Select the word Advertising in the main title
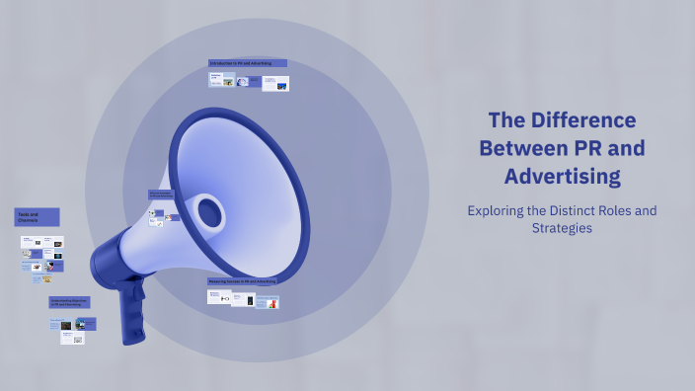[563, 178]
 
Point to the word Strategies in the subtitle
[563, 228]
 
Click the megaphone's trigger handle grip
[132, 310]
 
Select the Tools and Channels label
[37, 217]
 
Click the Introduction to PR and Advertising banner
[248, 63]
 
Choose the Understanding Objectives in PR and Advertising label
[70, 302]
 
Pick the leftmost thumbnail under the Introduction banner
[215, 80]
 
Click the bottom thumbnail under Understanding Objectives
[72, 338]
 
